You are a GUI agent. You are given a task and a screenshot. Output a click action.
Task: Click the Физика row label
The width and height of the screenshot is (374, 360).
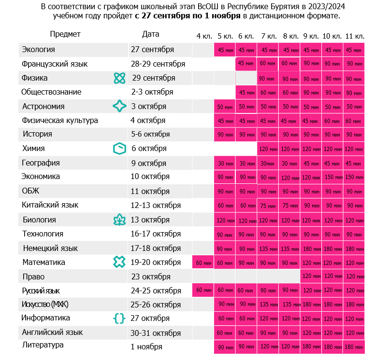pos(34,78)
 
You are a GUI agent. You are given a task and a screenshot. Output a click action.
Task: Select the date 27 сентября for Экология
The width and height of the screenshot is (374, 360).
pos(152,50)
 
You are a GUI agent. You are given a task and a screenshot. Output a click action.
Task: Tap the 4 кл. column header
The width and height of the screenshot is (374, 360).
pos(204,36)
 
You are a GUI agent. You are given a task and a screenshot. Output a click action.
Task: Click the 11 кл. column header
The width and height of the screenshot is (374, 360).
pos(355,36)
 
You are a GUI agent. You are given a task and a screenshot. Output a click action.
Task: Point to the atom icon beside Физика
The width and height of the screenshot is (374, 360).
pos(119,78)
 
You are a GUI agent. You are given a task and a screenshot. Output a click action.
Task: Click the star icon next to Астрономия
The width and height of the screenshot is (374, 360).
pos(119,106)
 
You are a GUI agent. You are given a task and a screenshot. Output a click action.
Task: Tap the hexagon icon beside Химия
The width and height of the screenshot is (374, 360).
pos(119,149)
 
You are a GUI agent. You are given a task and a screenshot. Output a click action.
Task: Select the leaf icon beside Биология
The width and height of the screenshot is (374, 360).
pos(119,220)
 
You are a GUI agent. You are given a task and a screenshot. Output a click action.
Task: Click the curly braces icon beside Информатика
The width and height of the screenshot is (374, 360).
pos(119,318)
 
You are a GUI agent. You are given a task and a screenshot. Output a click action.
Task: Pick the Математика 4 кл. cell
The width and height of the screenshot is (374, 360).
pos(203,262)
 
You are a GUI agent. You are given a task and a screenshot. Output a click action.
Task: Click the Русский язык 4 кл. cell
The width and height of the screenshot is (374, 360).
pos(203,290)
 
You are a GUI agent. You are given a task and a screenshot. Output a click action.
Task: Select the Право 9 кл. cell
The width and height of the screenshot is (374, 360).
pos(311,276)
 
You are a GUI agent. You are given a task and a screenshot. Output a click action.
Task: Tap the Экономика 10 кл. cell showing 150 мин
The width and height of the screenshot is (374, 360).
pos(332,177)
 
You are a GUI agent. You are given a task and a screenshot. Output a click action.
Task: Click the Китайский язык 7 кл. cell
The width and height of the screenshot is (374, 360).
pos(268,206)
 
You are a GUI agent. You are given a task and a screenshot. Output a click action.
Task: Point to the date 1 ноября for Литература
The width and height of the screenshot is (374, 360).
pos(146,346)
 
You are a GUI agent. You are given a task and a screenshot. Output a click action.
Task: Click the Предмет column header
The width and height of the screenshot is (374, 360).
pos(65,34)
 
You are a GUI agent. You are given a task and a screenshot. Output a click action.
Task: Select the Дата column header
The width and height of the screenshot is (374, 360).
pos(150,34)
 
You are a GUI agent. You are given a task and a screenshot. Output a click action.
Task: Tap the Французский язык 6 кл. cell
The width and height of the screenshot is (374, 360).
pos(246,64)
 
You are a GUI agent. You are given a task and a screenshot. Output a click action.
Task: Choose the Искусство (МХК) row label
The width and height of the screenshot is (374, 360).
pos(45,304)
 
